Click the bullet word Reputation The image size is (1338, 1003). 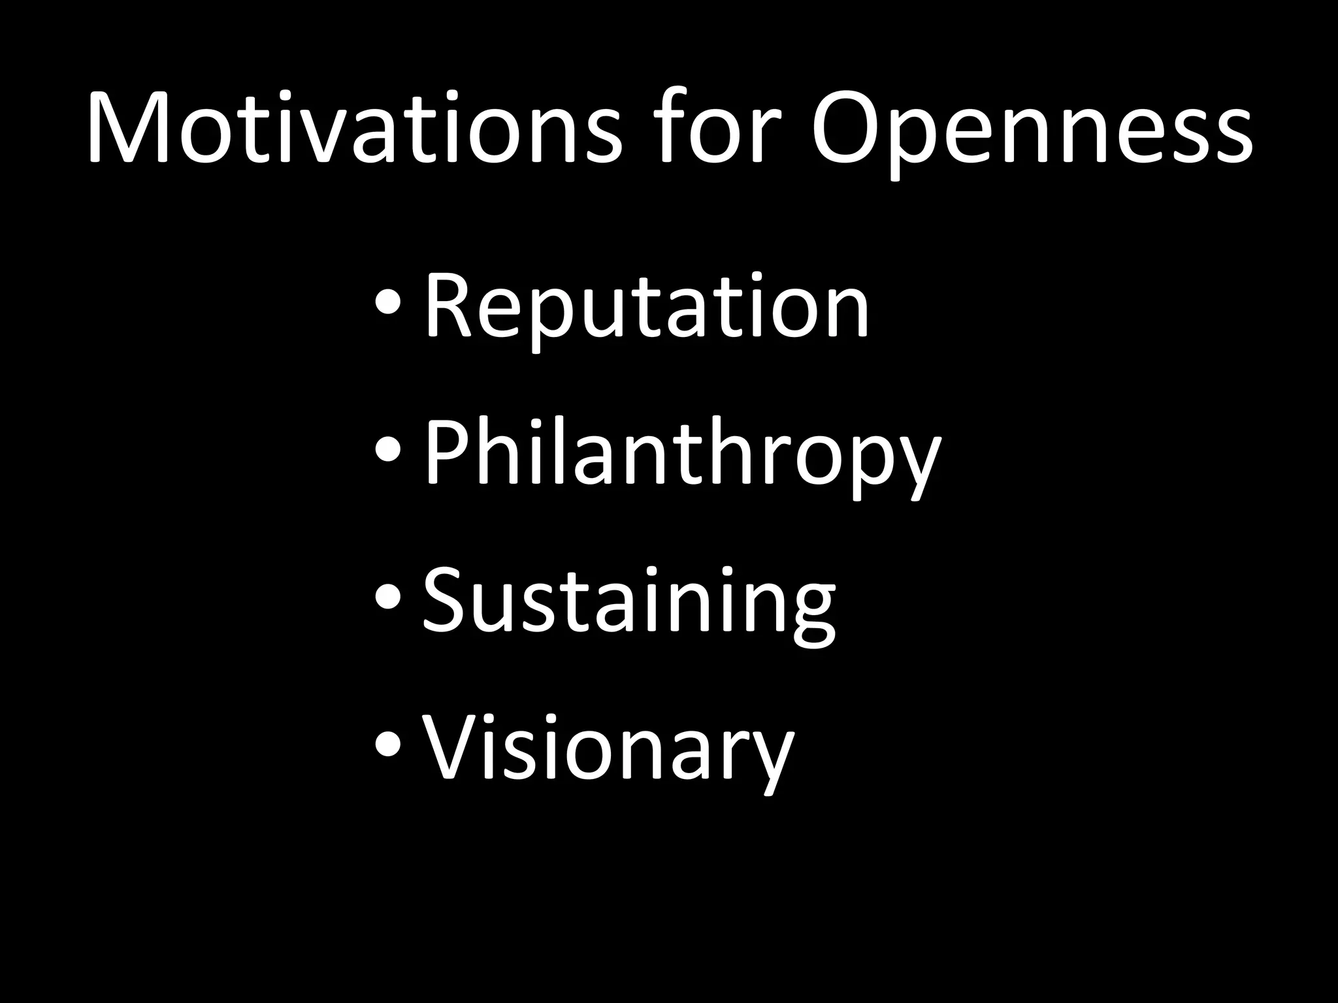pyautogui.click(x=647, y=307)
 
